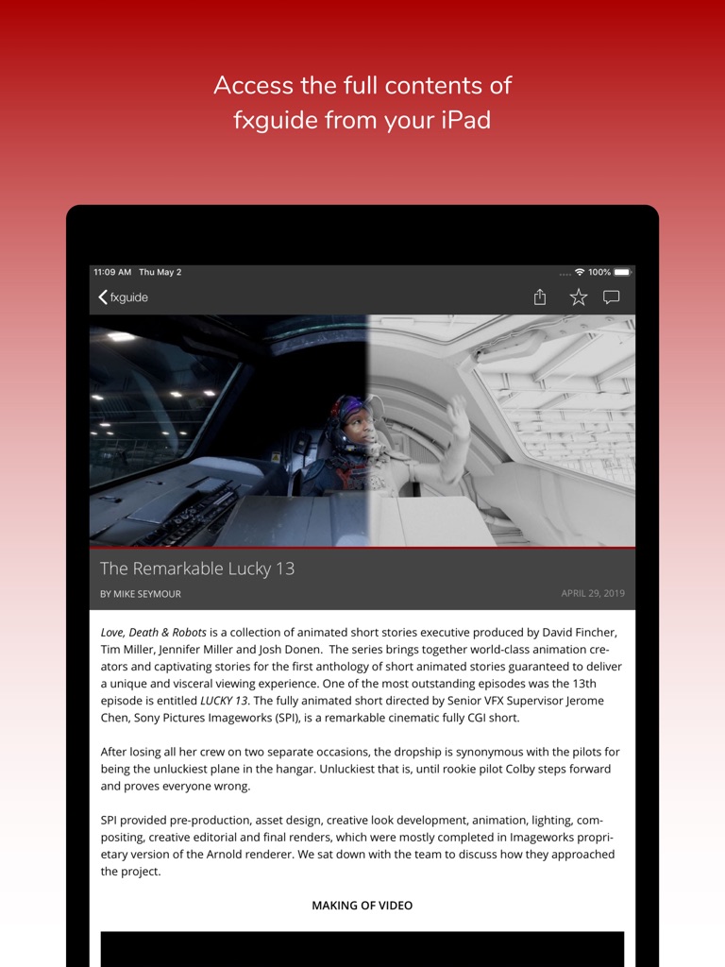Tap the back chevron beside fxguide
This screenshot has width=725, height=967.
pos(103,297)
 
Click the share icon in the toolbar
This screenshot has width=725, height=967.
pos(540,297)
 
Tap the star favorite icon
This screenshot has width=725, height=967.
pos(579,297)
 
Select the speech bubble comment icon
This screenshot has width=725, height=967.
pos(612,297)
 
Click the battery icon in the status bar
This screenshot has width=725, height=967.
pos(622,272)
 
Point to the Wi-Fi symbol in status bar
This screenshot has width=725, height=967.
pos(580,272)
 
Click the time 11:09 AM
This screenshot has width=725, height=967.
pos(112,272)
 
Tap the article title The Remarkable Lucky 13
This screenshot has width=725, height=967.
pos(197,568)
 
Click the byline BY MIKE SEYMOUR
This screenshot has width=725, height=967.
pos(141,594)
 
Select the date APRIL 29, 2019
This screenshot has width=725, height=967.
pos(593,594)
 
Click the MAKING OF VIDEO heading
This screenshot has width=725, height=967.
pos(362,906)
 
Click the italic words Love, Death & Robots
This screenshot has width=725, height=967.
pos(154,632)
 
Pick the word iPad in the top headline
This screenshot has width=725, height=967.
pos(463,121)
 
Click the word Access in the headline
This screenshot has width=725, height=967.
pos(253,85)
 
